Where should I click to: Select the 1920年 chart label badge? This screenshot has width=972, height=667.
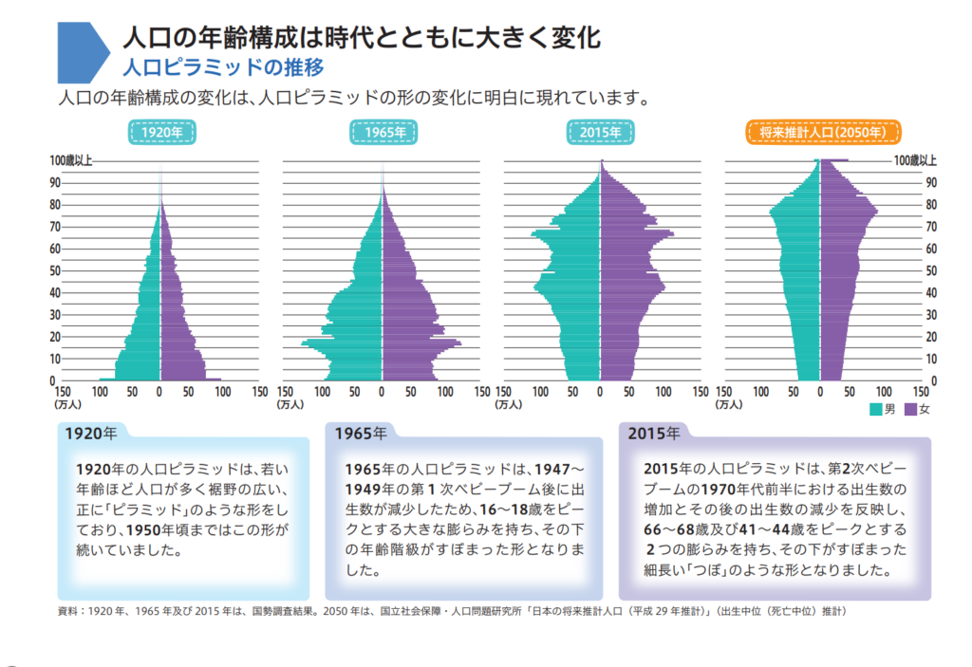[x=161, y=133]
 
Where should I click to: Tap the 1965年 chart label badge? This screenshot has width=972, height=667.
[x=383, y=133]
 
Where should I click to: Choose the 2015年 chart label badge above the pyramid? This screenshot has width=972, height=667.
[x=601, y=133]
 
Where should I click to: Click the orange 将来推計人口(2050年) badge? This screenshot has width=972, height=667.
[x=822, y=133]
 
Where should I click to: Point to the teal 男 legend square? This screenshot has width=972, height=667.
[x=875, y=410]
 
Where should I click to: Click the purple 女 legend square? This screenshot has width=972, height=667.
[x=909, y=410]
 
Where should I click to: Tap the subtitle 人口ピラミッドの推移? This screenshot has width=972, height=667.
[x=222, y=67]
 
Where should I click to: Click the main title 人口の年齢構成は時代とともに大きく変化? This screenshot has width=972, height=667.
[x=361, y=39]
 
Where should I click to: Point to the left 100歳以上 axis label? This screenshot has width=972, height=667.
[x=70, y=160]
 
